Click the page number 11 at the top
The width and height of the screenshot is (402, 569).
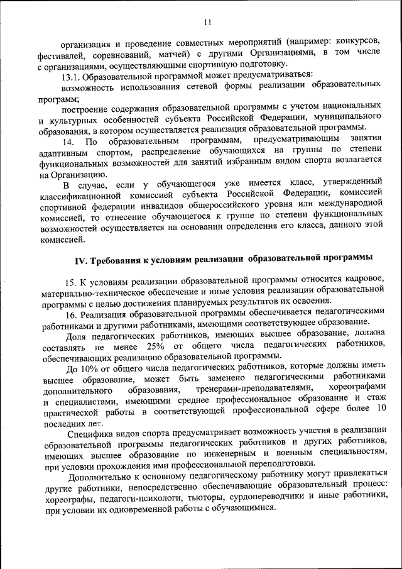coord(207,23)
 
